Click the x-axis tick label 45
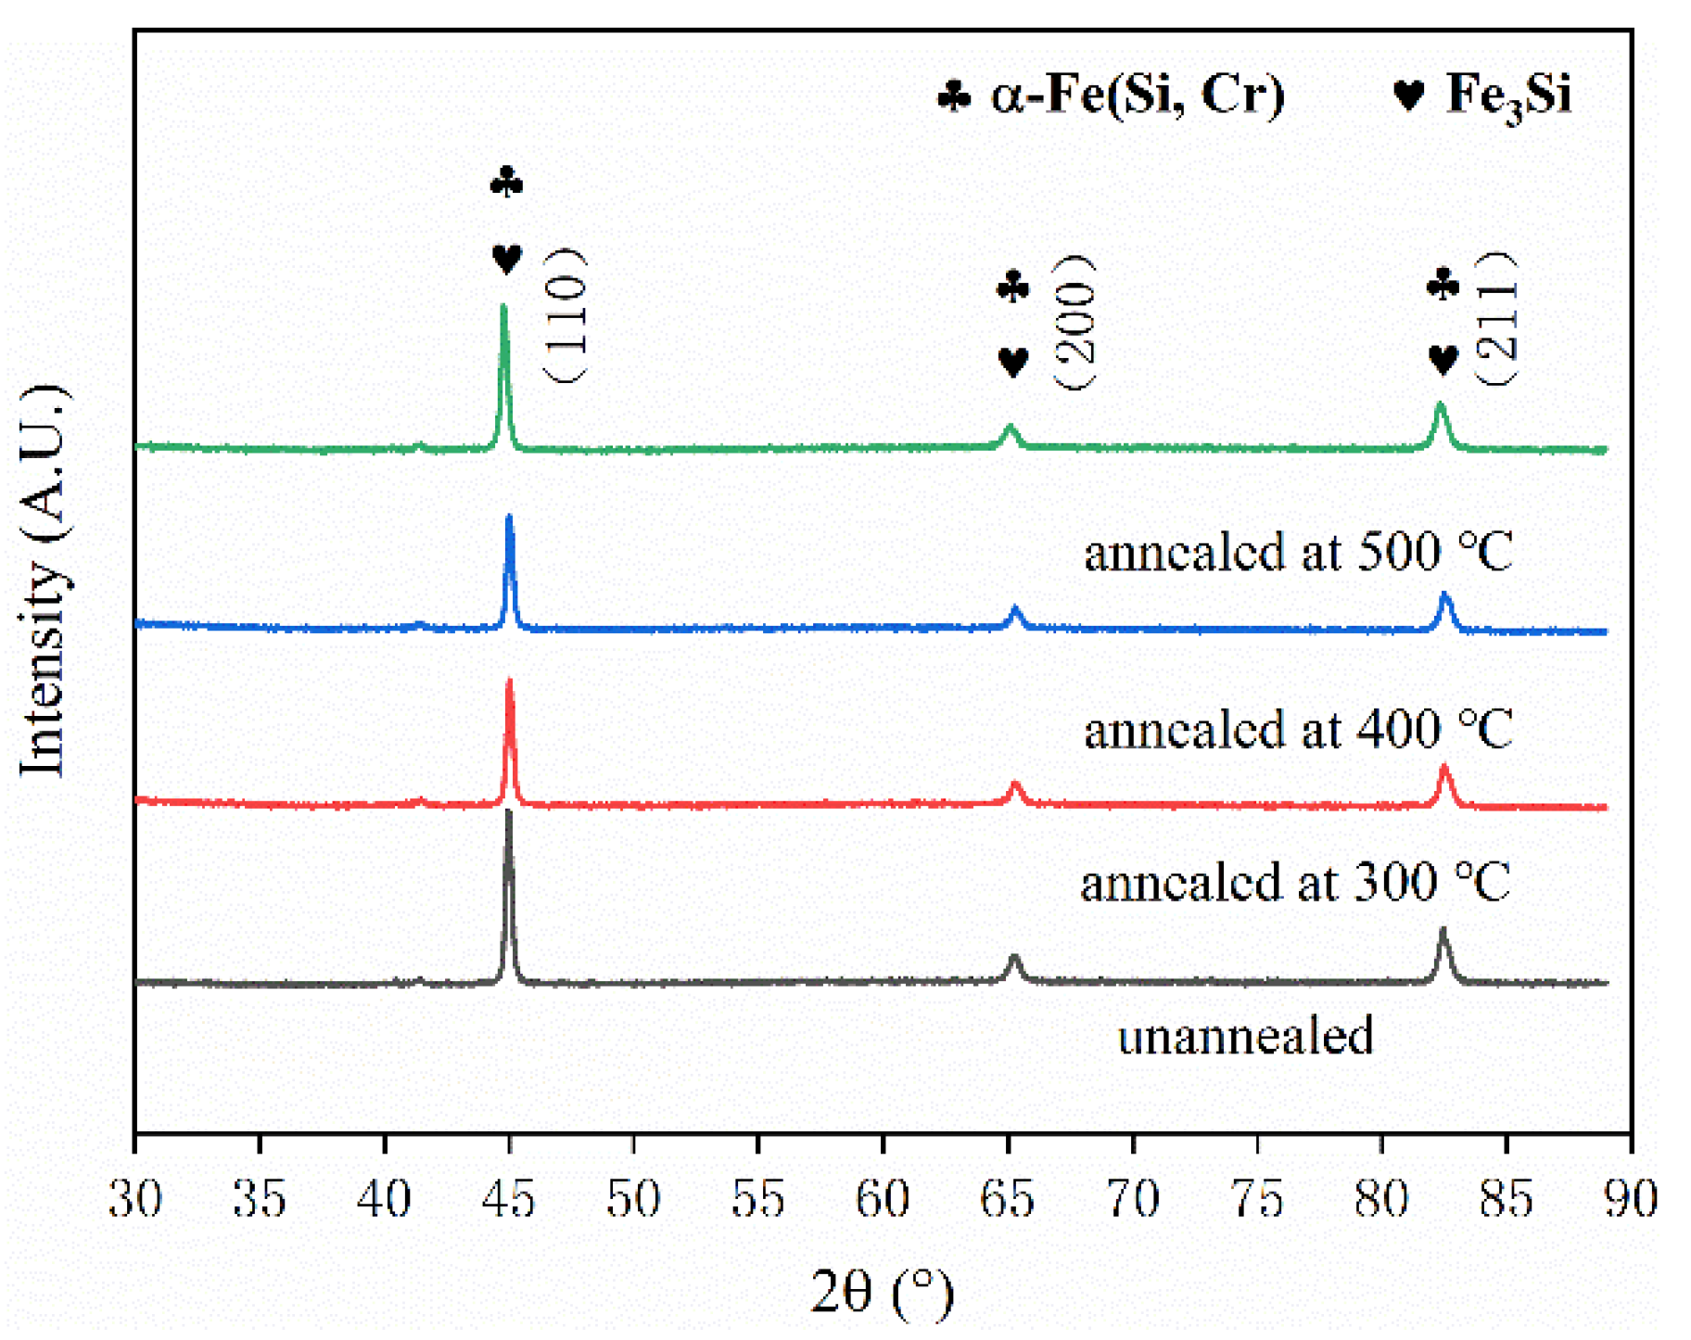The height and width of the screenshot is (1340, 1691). point(508,1199)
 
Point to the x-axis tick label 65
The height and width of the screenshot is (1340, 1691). point(1007,1199)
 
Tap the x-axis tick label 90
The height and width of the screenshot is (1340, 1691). point(1630,1199)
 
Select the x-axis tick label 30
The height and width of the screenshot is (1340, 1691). point(135,1199)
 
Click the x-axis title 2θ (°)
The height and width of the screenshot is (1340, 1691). point(882,1291)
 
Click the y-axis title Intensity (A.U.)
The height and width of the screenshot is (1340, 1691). point(44,580)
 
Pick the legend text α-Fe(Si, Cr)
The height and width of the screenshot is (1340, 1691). point(1138,95)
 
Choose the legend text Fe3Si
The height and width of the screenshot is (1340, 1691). point(1508,95)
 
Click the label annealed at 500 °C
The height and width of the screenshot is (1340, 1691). point(1298,553)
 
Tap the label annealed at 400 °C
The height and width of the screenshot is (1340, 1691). point(1298,730)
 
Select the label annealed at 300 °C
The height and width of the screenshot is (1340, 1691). point(1295,882)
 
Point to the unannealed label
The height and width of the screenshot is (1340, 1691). point(1245,1036)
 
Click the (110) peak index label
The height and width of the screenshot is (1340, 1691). point(565,315)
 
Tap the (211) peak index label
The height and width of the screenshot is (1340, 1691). point(1495,319)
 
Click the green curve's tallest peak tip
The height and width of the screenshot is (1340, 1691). point(503,307)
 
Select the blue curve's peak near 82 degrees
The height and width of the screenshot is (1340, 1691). point(1444,595)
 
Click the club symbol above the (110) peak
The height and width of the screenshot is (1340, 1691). point(506,182)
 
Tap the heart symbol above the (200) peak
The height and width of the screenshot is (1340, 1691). point(1013,362)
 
